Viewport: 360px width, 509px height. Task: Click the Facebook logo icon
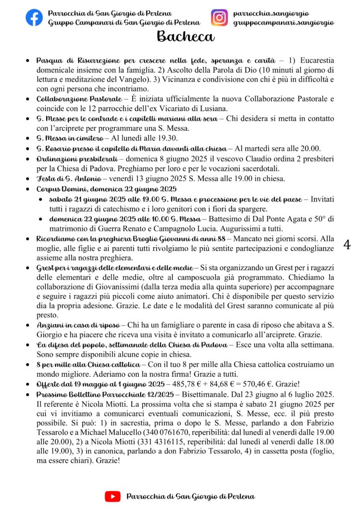point(34,17)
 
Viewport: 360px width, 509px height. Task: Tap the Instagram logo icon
point(219,17)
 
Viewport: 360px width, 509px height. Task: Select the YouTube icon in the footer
point(113,496)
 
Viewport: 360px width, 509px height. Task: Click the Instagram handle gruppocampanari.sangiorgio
point(283,23)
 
